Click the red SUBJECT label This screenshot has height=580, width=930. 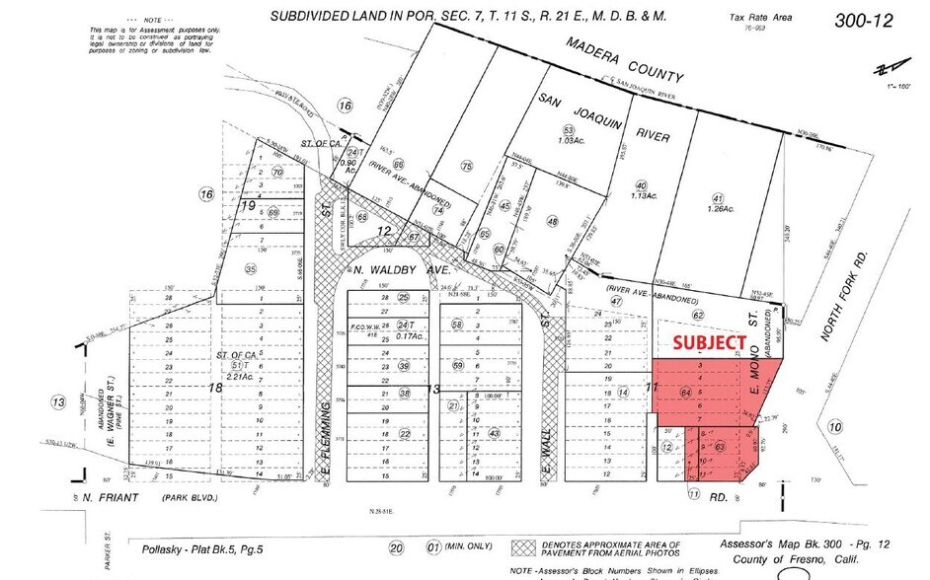(x=709, y=342)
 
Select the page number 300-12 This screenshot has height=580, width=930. (x=865, y=20)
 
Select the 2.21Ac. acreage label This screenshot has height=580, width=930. (x=234, y=376)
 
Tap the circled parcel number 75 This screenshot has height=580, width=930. (x=467, y=167)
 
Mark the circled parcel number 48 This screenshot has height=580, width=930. (x=552, y=221)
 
